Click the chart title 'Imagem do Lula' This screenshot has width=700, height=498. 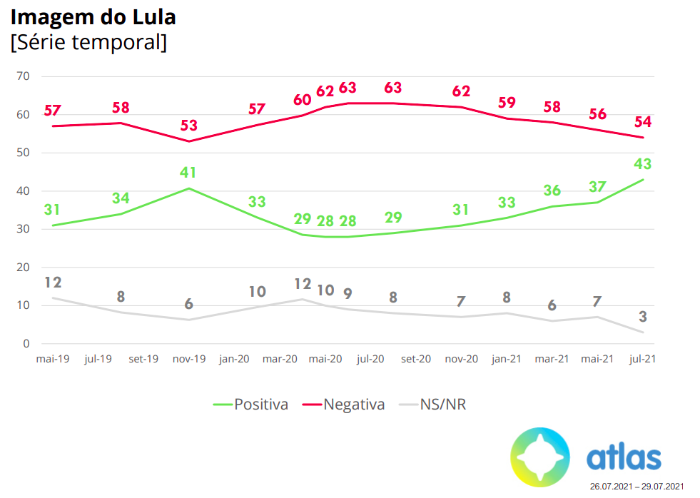(93, 16)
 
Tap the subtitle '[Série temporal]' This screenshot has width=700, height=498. (88, 42)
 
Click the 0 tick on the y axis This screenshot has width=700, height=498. (26, 344)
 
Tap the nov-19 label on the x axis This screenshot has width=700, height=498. (189, 359)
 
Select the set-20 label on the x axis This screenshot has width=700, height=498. (416, 359)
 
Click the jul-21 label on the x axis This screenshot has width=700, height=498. (642, 359)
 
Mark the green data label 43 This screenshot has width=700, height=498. (644, 164)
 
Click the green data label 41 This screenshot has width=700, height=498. (188, 173)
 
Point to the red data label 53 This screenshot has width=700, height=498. (188, 126)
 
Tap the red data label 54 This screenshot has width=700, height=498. (644, 121)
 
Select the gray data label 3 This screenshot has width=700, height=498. (644, 317)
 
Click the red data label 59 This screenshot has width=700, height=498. (507, 102)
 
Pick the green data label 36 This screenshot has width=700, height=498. (552, 191)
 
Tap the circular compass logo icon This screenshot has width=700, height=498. (540, 457)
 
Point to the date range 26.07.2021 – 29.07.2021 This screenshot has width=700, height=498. (636, 487)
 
